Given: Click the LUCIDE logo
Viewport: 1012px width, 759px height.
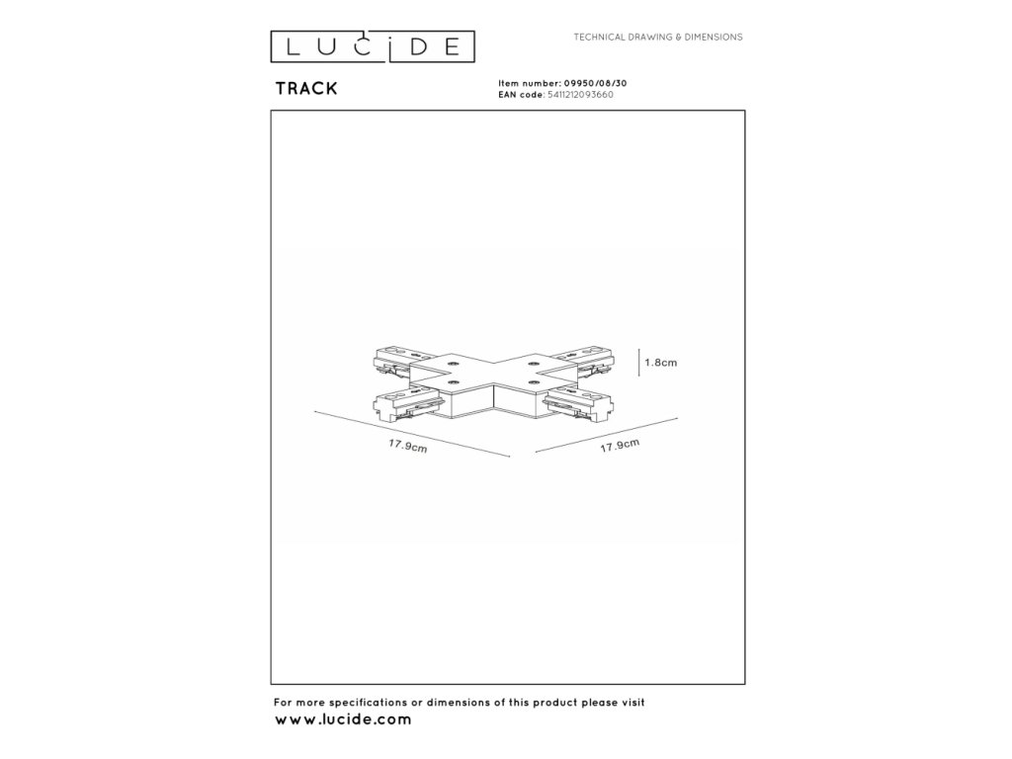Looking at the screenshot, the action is click(x=374, y=45).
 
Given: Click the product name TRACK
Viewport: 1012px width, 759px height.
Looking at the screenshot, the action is click(x=306, y=88).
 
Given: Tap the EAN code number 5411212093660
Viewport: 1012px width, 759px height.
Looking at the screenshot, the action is click(x=580, y=95).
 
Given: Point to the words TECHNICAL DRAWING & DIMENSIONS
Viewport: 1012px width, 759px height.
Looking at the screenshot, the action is click(x=658, y=37).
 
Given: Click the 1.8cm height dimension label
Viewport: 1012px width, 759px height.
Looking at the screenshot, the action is click(x=660, y=363).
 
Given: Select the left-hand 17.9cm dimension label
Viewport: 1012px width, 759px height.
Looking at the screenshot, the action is click(x=407, y=446).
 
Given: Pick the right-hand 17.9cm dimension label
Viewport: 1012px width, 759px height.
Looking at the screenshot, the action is click(x=620, y=446).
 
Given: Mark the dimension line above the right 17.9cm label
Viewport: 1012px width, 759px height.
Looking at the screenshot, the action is click(x=606, y=436).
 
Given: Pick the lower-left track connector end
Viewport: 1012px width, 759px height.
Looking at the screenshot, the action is click(x=402, y=402).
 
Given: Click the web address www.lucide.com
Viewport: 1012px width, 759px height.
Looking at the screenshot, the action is click(x=342, y=719).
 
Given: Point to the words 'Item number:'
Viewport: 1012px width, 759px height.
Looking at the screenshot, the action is click(x=522, y=85).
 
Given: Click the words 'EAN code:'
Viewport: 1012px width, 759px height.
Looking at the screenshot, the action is click(x=521, y=95).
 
